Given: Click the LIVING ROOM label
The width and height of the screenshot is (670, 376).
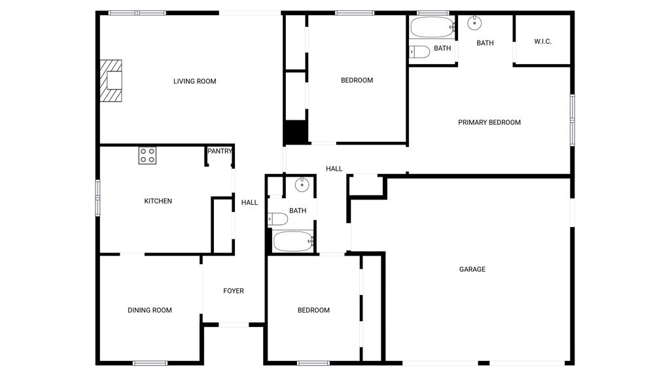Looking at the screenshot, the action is click(x=194, y=81).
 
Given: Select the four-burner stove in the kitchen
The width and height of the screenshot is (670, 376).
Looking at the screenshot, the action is click(x=147, y=156).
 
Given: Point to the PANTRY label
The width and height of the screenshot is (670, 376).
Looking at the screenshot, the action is click(x=220, y=151).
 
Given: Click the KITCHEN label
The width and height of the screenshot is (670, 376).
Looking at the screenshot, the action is click(x=158, y=201).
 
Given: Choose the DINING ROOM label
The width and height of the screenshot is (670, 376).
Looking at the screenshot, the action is click(x=150, y=310).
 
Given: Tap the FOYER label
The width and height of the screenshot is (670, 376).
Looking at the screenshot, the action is click(x=234, y=290).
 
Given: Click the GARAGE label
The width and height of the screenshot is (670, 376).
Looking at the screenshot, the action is click(x=472, y=269).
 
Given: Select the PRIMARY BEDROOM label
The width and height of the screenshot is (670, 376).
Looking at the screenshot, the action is click(x=489, y=122).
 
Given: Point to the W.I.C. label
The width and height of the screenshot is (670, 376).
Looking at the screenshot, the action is click(x=542, y=41).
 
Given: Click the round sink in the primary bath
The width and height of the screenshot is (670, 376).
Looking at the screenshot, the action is click(x=474, y=23).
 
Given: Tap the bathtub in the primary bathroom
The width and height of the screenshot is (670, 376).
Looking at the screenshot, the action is click(x=432, y=27).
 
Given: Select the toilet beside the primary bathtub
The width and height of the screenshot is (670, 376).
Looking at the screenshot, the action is click(x=419, y=52).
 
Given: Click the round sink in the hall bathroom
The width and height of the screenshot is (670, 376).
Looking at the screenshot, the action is click(x=302, y=184).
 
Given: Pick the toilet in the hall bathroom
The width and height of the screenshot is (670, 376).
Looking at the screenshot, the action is click(x=277, y=219).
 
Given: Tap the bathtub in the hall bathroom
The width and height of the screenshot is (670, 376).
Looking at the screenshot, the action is click(x=294, y=241).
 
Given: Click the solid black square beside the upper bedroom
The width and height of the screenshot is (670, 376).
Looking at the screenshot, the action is click(x=296, y=132).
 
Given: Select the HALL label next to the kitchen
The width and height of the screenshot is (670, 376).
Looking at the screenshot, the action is click(x=249, y=203).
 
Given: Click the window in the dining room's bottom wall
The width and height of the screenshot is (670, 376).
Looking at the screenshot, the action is click(x=150, y=363).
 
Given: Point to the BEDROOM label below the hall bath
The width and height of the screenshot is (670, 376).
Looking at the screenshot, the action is click(x=313, y=310).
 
